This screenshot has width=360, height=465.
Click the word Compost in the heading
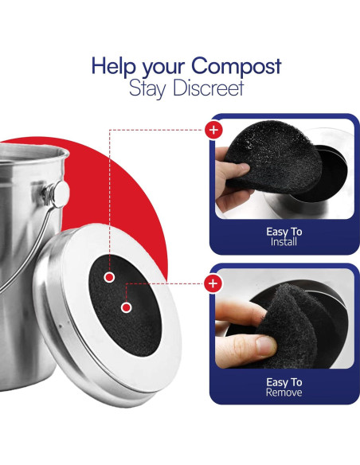pos(236,67)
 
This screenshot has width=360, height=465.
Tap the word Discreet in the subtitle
pos(209,88)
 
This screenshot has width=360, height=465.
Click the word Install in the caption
pos(284,242)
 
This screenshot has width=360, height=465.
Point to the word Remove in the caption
pos(284,393)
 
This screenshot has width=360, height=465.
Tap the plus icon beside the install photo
pos(213,130)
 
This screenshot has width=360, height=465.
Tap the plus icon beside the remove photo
pos(213,283)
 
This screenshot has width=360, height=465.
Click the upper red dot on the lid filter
pos(109,277)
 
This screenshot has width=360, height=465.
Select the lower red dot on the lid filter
pos(127,308)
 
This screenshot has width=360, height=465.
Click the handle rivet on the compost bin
pos(61,194)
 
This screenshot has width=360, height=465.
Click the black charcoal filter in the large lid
pos(125,305)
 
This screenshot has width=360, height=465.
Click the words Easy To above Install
pos(284,232)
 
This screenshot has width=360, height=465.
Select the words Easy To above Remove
pos(284,382)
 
